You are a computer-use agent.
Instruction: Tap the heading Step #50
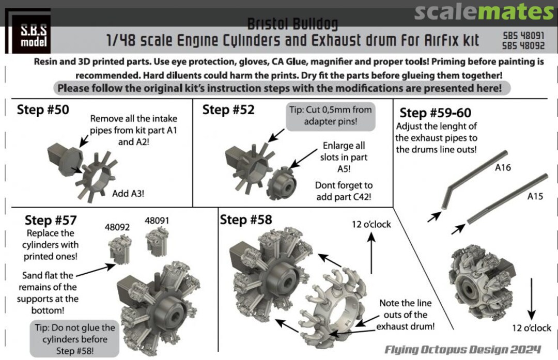(43, 109)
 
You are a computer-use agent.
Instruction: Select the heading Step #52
(228, 109)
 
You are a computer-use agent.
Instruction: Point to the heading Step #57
(51, 220)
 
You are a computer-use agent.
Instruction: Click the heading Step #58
(246, 220)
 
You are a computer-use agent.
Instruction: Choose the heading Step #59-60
(435, 113)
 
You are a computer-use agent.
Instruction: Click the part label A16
(503, 167)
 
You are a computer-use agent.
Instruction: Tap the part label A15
(535, 196)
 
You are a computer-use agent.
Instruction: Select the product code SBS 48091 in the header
(523, 36)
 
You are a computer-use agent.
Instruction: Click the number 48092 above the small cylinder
(117, 227)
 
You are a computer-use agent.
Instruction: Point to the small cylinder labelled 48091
(157, 242)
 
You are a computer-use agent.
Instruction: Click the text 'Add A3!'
(128, 194)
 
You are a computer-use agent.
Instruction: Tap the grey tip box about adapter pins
(331, 116)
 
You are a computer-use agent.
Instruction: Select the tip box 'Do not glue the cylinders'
(75, 339)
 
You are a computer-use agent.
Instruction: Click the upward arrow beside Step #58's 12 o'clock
(371, 253)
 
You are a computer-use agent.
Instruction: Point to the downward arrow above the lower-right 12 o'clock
(531, 299)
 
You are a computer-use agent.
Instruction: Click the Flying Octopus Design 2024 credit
(462, 350)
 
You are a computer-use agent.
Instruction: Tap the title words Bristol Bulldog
(292, 24)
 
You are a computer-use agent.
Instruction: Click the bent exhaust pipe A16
(473, 180)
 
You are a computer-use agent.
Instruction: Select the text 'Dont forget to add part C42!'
(344, 191)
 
